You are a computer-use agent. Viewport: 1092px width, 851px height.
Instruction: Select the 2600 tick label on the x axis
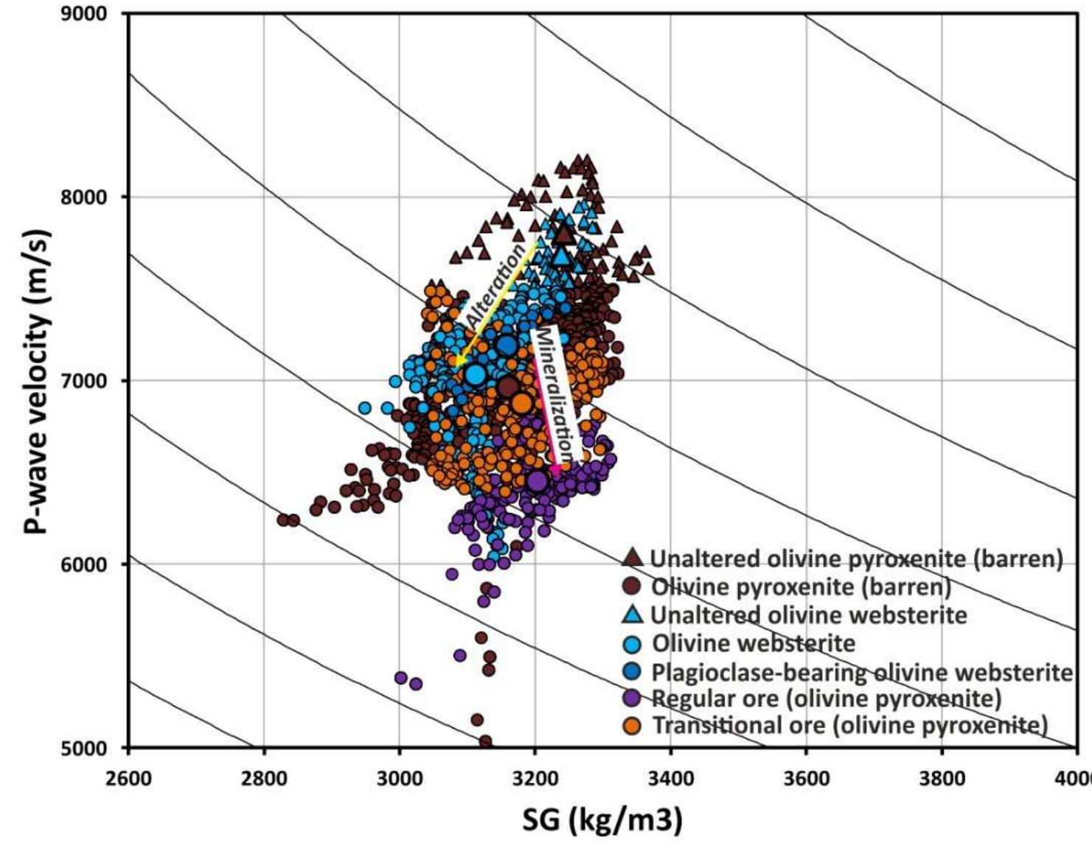tap(128, 779)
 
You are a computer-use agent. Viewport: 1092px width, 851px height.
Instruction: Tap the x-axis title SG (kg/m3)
tap(602, 819)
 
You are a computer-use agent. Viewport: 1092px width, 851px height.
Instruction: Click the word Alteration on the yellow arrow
tap(495, 284)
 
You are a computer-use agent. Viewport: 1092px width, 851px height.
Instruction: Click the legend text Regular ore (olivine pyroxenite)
tap(826, 698)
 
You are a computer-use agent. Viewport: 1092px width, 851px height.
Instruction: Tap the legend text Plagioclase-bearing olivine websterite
tap(861, 672)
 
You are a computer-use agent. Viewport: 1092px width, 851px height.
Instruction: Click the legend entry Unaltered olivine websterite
tap(808, 615)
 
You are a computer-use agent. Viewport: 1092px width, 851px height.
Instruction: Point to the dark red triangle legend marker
tap(633, 558)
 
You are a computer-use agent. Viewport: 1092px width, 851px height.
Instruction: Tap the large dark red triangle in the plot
tap(564, 234)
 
